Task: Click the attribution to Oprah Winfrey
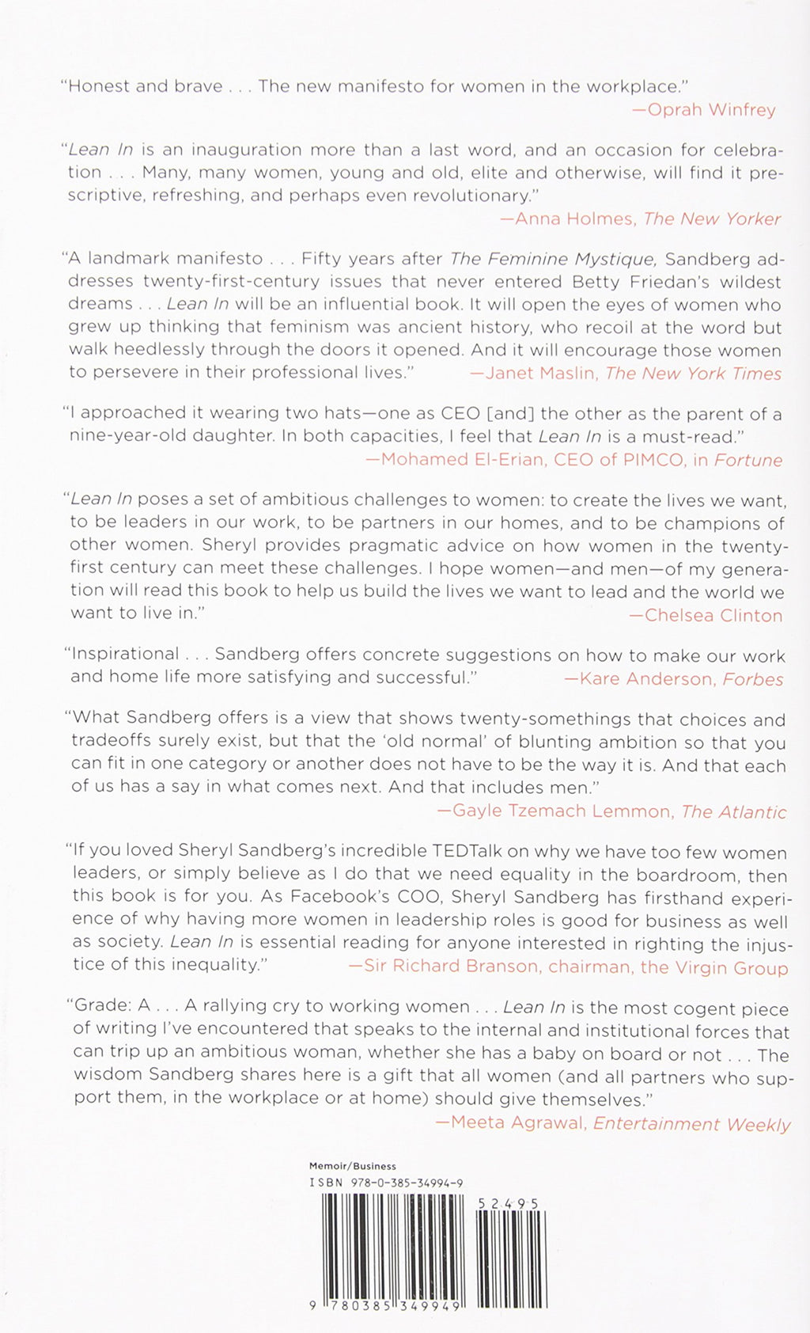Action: click(x=705, y=109)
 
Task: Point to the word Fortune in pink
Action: click(x=748, y=460)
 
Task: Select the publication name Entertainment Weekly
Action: click(x=691, y=1124)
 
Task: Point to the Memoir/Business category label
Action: click(x=352, y=1166)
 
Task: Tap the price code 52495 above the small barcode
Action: click(x=509, y=1202)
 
